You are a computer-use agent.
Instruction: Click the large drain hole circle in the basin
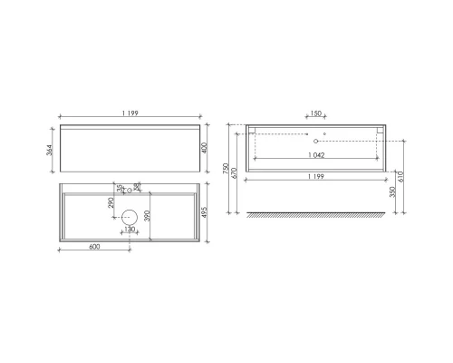click(x=130, y=216)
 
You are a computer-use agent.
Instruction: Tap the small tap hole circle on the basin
click(x=130, y=191)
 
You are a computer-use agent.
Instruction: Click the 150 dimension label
click(x=315, y=113)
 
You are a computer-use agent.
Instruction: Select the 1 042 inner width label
click(x=315, y=155)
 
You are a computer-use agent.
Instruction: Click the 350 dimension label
click(x=392, y=192)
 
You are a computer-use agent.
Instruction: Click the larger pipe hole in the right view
click(x=315, y=142)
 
